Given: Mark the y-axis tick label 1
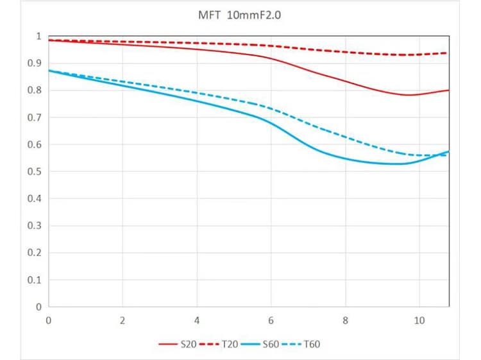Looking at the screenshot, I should (38, 37).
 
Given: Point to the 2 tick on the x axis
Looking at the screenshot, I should (122, 320).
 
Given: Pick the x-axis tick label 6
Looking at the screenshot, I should (271, 320).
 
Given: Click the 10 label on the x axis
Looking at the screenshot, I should (419, 320).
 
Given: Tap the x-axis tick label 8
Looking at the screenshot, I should (345, 320).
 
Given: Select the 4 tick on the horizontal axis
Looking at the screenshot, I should (197, 320).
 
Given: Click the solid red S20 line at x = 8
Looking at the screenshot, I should (345, 81).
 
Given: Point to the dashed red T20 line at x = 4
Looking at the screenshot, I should (197, 43).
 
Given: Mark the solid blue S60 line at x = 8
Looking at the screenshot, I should (345, 159).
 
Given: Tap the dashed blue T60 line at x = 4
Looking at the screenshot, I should (197, 93).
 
